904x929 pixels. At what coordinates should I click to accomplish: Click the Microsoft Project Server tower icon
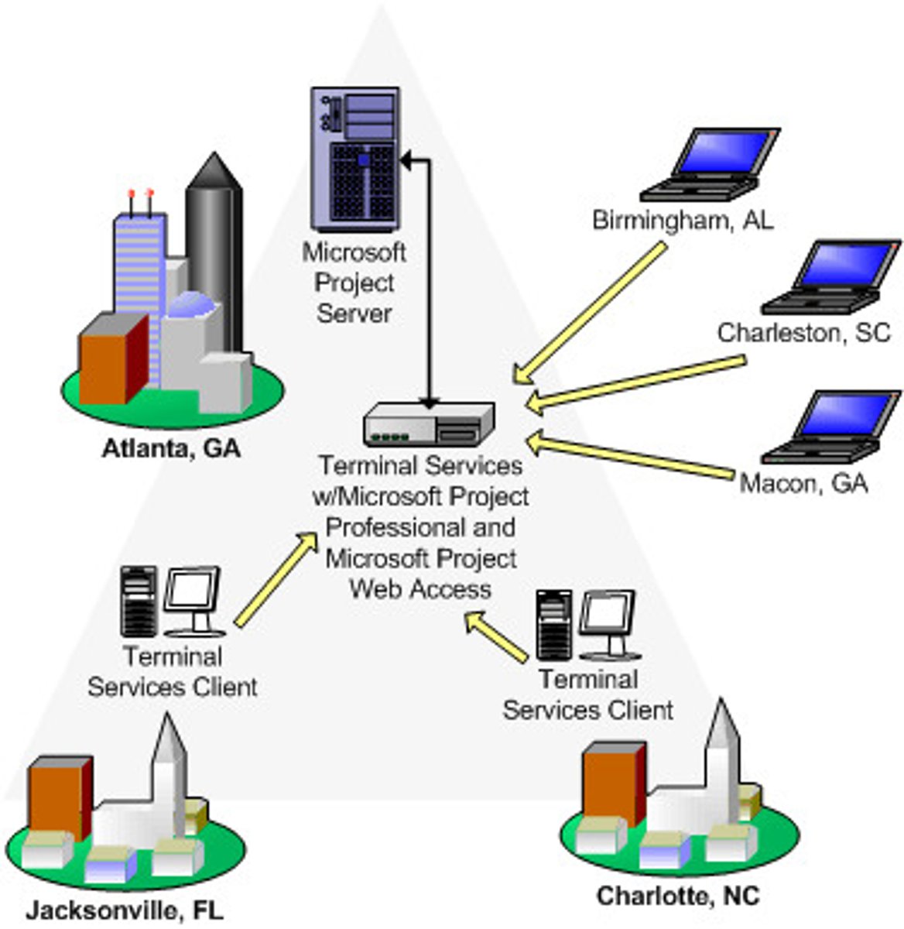tap(355, 158)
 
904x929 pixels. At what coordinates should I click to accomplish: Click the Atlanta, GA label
tap(171, 449)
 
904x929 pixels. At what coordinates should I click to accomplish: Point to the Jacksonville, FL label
tap(124, 910)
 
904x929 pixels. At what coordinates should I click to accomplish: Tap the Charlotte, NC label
tap(678, 896)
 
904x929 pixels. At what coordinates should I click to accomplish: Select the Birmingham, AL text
tap(683, 220)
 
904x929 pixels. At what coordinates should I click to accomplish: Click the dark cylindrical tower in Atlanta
tap(214, 248)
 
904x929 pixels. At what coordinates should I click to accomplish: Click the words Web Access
tap(420, 589)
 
